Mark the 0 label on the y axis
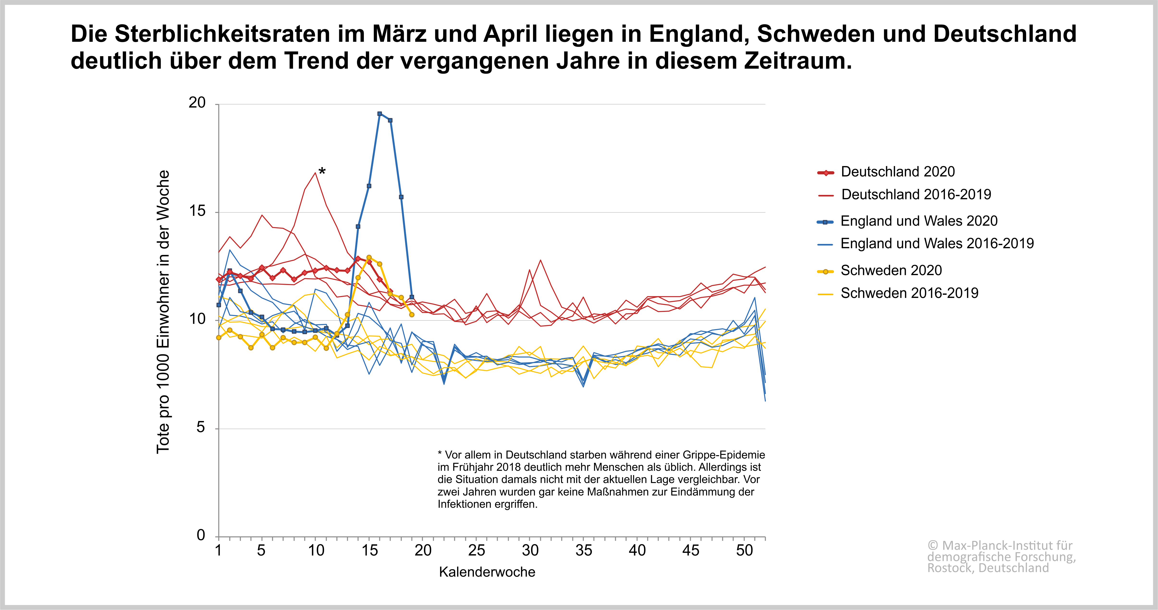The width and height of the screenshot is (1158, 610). point(201,535)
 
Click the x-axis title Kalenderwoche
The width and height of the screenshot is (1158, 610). point(487,572)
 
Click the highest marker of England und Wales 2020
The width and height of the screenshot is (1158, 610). point(380,114)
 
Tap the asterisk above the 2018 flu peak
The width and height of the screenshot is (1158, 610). point(322,171)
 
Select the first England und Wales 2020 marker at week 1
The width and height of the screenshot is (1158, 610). point(219,305)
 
